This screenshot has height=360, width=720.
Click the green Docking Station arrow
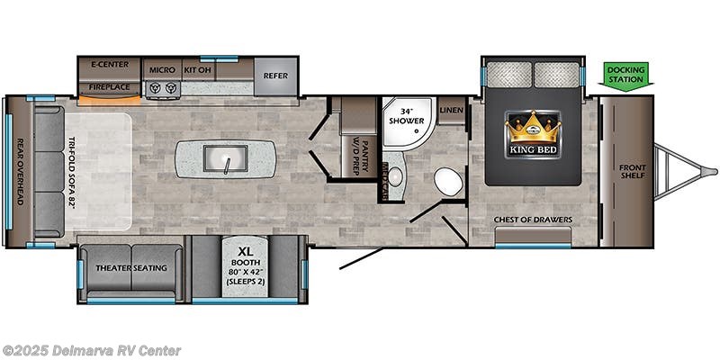click(625, 75)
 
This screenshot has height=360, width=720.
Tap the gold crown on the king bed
click(532, 127)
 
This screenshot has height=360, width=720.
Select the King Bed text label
click(532, 150)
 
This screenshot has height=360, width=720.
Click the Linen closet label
click(452, 110)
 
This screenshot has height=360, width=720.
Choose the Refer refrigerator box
click(275, 76)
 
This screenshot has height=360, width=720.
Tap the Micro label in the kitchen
click(162, 68)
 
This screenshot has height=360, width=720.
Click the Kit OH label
click(197, 68)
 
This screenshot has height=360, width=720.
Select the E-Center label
click(109, 66)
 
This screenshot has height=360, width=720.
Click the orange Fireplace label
click(109, 87)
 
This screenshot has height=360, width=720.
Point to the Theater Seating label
click(130, 267)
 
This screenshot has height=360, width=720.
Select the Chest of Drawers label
click(533, 219)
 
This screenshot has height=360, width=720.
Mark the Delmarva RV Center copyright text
click(92, 350)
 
